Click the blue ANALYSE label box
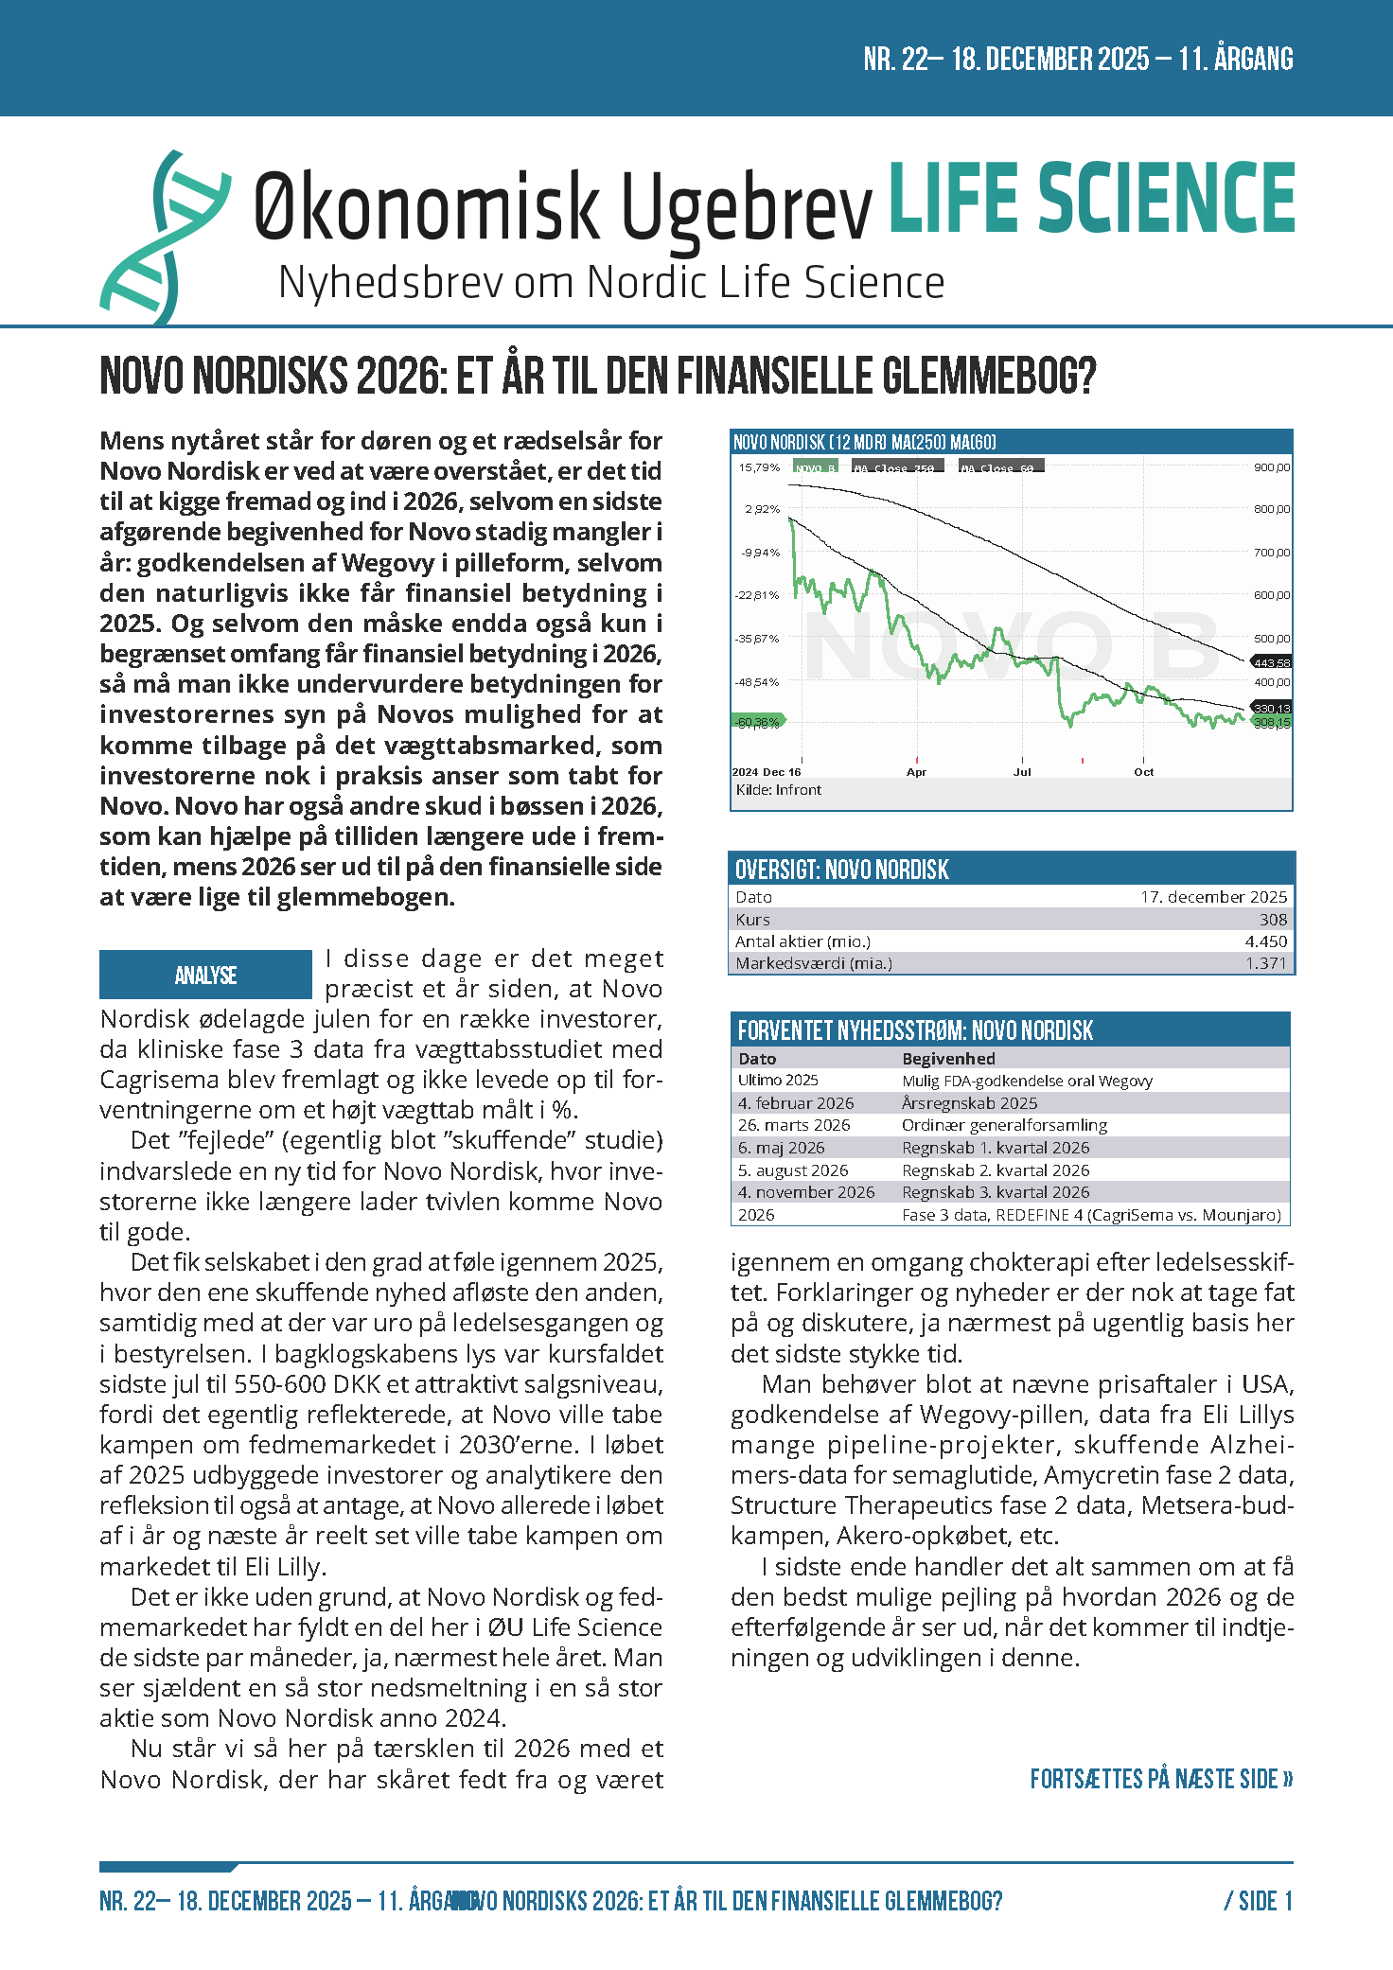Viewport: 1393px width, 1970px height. [205, 975]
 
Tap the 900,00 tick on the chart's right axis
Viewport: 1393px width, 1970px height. [1271, 467]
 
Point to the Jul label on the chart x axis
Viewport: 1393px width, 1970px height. [1022, 772]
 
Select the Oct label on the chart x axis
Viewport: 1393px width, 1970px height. [1143, 772]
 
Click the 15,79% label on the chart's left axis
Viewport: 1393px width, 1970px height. [759, 467]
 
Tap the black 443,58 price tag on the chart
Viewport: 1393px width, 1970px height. [1271, 662]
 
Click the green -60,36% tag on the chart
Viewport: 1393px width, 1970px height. [757, 722]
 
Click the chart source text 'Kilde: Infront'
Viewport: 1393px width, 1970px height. [779, 790]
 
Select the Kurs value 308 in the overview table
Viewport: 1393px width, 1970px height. [1273, 920]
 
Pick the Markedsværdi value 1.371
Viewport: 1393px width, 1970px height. [1266, 963]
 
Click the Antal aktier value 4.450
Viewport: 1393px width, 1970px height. [1266, 941]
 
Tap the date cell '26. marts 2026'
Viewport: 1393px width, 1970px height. [794, 1125]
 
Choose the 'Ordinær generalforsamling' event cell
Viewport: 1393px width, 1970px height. [1004, 1125]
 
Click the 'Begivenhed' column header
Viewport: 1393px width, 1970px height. [948, 1059]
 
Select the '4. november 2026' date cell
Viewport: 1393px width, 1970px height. [806, 1192]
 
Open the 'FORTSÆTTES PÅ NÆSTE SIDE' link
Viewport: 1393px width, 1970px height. [1161, 1779]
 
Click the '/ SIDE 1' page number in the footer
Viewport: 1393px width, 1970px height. [1258, 1901]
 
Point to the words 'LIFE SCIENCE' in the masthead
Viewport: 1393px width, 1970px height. [1091, 198]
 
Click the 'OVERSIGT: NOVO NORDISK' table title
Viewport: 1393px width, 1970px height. [842, 870]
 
